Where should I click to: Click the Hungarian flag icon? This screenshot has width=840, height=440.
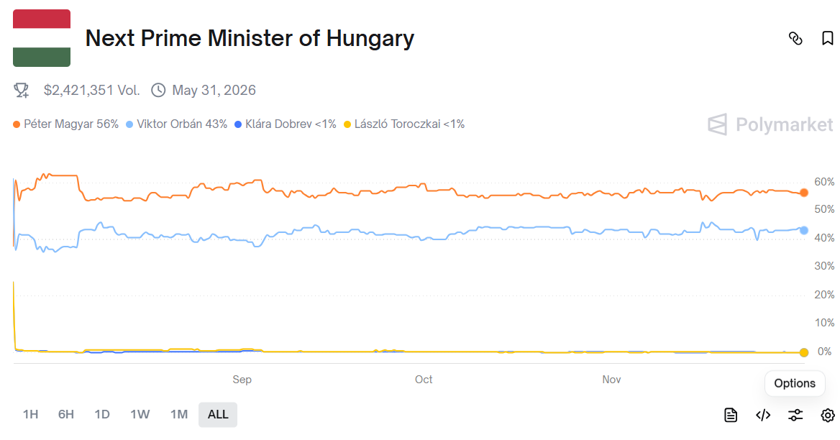coord(42,38)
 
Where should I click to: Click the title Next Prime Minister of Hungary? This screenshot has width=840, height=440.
coord(250,38)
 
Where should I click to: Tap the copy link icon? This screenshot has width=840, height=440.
coord(795,38)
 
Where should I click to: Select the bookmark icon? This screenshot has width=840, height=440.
coord(827,38)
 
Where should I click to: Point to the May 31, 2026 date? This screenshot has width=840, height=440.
coord(214,90)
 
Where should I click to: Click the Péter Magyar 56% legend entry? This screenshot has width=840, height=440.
coord(65,124)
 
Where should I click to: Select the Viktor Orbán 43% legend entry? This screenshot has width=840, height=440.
coord(177,124)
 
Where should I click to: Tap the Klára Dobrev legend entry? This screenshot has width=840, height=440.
coord(286,124)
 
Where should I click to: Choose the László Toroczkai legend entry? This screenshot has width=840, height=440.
coord(404,124)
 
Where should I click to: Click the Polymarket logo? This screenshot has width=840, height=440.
coord(770,124)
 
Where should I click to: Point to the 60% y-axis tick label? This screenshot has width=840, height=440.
coord(824,181)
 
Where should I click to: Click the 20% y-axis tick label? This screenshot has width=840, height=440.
coord(824,295)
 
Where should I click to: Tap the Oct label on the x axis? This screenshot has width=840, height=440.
coord(424,379)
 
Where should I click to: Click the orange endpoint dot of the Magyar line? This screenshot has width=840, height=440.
coord(803,193)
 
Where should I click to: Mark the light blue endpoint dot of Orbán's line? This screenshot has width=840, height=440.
coord(803,230)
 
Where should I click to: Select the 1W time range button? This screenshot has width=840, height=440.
coord(140,414)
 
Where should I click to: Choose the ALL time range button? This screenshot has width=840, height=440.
coord(218,414)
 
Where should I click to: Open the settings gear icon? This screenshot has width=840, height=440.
coord(827,415)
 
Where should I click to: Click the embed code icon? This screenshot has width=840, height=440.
coord(763,415)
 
